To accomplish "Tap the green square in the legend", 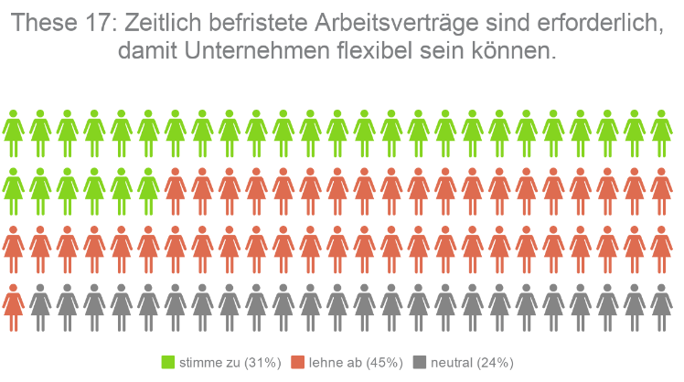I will click(167, 362).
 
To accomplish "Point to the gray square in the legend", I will click(420, 362).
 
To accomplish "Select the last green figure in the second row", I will click(148, 189).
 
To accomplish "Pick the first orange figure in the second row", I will click(176, 189).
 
